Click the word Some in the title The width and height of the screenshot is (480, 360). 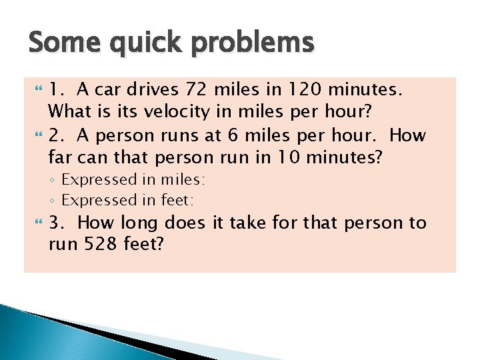coord(60,43)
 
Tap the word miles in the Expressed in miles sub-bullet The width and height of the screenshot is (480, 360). coord(180,180)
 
